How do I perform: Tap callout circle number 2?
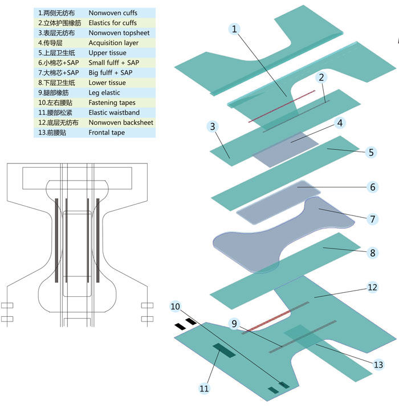click(x=322, y=77)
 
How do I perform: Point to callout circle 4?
click(x=339, y=123)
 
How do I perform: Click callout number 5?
click(x=370, y=153)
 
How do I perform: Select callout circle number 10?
click(x=176, y=307)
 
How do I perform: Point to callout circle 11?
click(x=204, y=388)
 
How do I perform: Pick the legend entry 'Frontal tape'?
click(x=107, y=133)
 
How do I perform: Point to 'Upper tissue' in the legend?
click(x=107, y=53)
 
